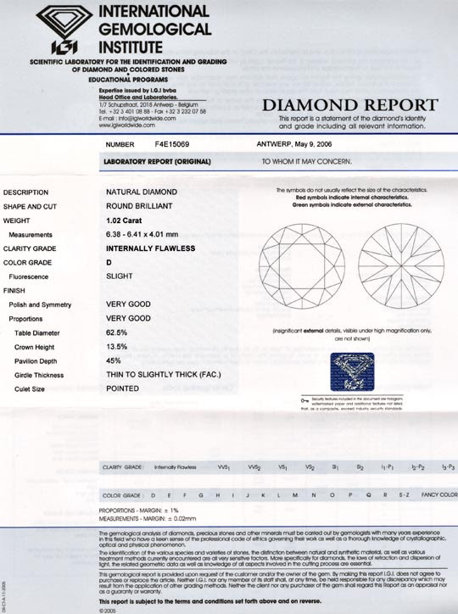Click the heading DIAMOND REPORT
(x=349, y=106)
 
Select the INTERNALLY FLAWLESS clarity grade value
(x=150, y=248)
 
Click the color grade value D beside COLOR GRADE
(x=109, y=263)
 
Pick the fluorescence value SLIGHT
(x=118, y=276)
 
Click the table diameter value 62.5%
(x=118, y=333)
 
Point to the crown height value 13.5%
(x=117, y=347)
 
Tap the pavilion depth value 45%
(x=113, y=361)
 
